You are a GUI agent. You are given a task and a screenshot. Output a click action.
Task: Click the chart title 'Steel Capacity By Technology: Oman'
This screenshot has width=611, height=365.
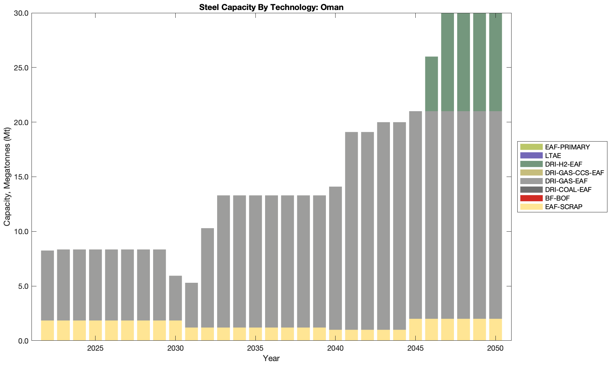pyautogui.click(x=271, y=7)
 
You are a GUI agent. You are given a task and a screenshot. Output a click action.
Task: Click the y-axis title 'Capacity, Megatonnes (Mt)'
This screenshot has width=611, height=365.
pyautogui.click(x=7, y=177)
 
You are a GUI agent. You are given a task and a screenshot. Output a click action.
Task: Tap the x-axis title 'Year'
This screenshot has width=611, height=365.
pyautogui.click(x=271, y=358)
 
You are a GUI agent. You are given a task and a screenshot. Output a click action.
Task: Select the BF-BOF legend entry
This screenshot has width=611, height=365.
pyautogui.click(x=557, y=198)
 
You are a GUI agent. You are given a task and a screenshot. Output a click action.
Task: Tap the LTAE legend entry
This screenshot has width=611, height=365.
pyautogui.click(x=553, y=156)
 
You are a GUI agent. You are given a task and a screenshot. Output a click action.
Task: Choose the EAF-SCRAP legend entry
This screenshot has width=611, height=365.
pyautogui.click(x=564, y=207)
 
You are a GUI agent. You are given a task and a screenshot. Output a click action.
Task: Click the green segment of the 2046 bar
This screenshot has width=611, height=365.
pyautogui.click(x=431, y=84)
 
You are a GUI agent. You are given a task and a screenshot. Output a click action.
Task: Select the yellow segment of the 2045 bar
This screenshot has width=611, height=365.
pyautogui.click(x=415, y=330)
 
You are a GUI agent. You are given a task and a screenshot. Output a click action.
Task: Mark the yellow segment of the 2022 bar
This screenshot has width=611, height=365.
pyautogui.click(x=48, y=330)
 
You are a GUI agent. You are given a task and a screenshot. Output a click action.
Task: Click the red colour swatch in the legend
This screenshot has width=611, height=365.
pyautogui.click(x=531, y=198)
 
